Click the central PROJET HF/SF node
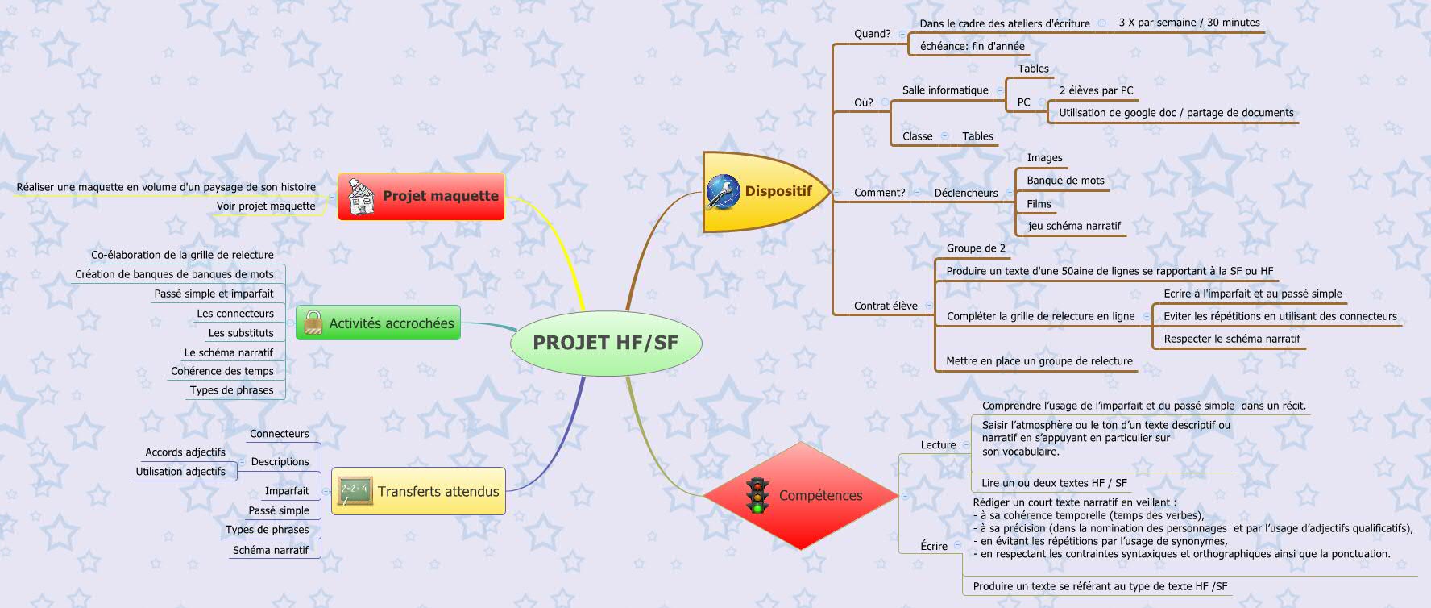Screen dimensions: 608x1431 point(605,343)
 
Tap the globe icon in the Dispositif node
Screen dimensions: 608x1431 point(723,192)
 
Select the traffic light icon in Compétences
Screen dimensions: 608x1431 point(757,495)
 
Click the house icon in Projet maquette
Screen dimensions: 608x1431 point(360,197)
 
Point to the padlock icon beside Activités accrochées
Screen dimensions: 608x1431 point(313,323)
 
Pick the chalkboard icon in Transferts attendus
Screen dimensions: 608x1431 point(355,491)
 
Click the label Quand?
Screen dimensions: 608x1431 point(872,34)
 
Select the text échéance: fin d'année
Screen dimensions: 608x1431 point(972,47)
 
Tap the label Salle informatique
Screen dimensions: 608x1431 point(944,90)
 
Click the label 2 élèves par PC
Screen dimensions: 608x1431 point(1096,91)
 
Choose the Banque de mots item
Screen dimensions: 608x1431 point(1065,181)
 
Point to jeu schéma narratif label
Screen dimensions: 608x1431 point(1073,227)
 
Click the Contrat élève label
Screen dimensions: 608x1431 point(886,306)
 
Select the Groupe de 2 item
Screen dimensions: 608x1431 point(976,248)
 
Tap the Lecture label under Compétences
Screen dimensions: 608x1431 point(938,445)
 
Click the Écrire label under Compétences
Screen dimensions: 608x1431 point(934,546)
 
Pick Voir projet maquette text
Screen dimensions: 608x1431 point(266,206)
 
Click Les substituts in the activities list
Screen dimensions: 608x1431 point(241,333)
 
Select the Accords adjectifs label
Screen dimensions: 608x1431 point(185,452)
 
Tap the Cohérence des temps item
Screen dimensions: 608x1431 point(222,371)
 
